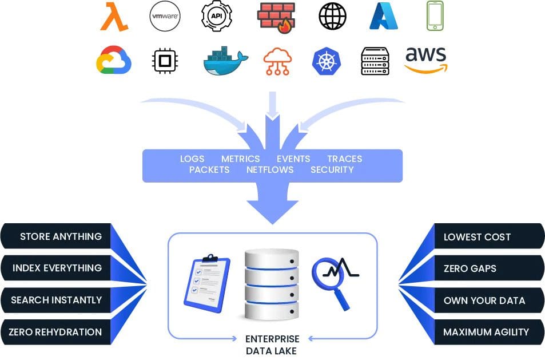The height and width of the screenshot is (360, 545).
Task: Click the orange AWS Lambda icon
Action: tap(114, 17)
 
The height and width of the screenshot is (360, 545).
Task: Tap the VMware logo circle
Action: tap(165, 16)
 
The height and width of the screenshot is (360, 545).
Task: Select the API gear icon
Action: tap(217, 16)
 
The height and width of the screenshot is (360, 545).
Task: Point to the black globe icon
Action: tap(333, 16)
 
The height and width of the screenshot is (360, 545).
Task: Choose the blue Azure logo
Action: tap(383, 17)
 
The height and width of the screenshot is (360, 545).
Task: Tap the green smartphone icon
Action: tap(435, 16)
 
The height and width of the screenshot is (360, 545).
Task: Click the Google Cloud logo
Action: tap(114, 60)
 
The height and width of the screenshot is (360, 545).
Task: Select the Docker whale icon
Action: tap(225, 61)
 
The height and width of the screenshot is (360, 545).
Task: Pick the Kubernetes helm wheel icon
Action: tap(327, 62)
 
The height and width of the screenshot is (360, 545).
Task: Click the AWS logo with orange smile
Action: tap(426, 60)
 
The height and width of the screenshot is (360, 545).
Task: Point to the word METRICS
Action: tap(241, 159)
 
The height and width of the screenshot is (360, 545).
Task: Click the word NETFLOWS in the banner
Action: tap(270, 170)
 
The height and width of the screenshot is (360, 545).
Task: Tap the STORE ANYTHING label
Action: tap(61, 236)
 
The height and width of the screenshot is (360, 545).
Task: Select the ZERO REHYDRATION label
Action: tap(55, 332)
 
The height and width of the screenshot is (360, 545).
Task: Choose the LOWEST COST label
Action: tap(477, 237)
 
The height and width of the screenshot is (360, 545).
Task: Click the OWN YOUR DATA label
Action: tap(484, 300)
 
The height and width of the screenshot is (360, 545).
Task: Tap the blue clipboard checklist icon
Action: tap(207, 283)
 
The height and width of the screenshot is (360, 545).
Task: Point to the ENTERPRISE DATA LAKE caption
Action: tap(272, 345)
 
